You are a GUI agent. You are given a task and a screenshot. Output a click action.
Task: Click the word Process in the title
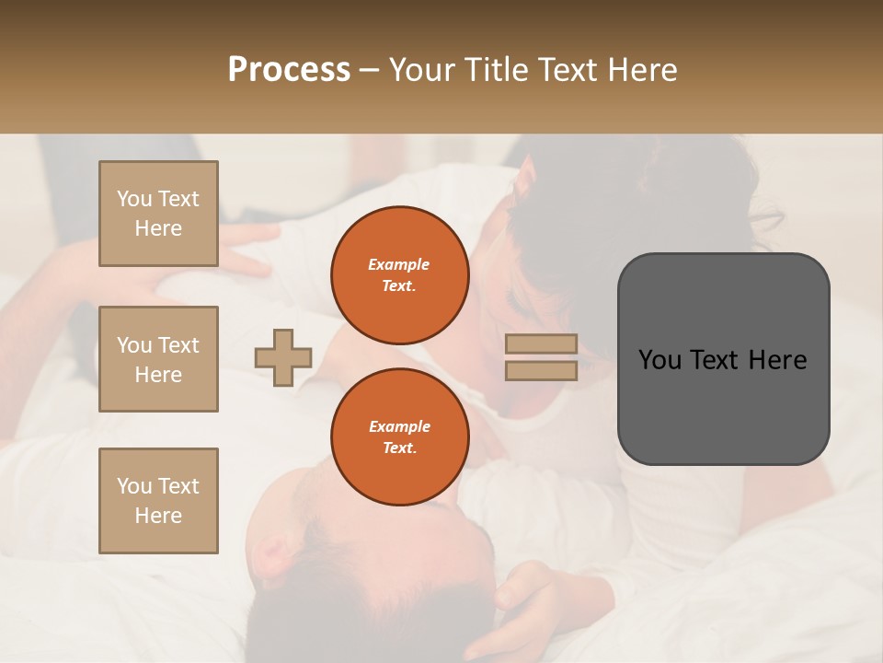(289, 70)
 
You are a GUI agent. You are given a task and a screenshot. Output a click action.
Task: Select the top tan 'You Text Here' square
(158, 214)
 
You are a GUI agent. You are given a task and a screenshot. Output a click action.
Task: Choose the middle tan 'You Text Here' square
(158, 359)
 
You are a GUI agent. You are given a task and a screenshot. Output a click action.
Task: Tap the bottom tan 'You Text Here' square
(158, 501)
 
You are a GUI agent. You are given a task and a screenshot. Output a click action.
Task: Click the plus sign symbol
(283, 357)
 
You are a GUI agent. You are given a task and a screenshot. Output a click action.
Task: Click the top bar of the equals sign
(541, 344)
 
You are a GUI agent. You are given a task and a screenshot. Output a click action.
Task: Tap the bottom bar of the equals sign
(541, 370)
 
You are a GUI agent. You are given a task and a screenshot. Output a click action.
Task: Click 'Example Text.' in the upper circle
(399, 275)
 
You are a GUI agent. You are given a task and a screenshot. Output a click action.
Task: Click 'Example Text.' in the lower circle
(399, 437)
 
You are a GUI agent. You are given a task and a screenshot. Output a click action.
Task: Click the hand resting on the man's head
(529, 599)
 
